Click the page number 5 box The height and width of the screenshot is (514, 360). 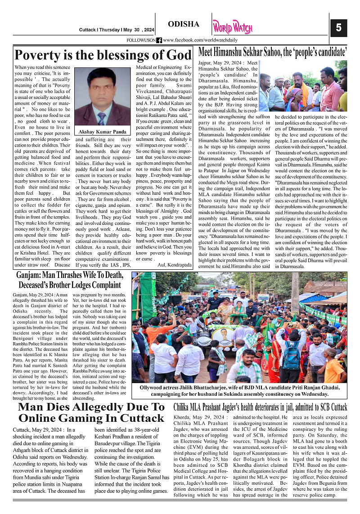pyautogui.click(x=338, y=28)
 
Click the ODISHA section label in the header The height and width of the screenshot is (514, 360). pyautogui.click(x=183, y=24)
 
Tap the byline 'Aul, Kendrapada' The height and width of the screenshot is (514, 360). pyautogui.click(x=174, y=264)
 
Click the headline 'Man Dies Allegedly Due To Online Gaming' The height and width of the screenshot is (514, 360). pyautogui.click(x=91, y=412)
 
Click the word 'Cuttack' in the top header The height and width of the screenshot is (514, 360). pyautogui.click(x=87, y=30)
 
